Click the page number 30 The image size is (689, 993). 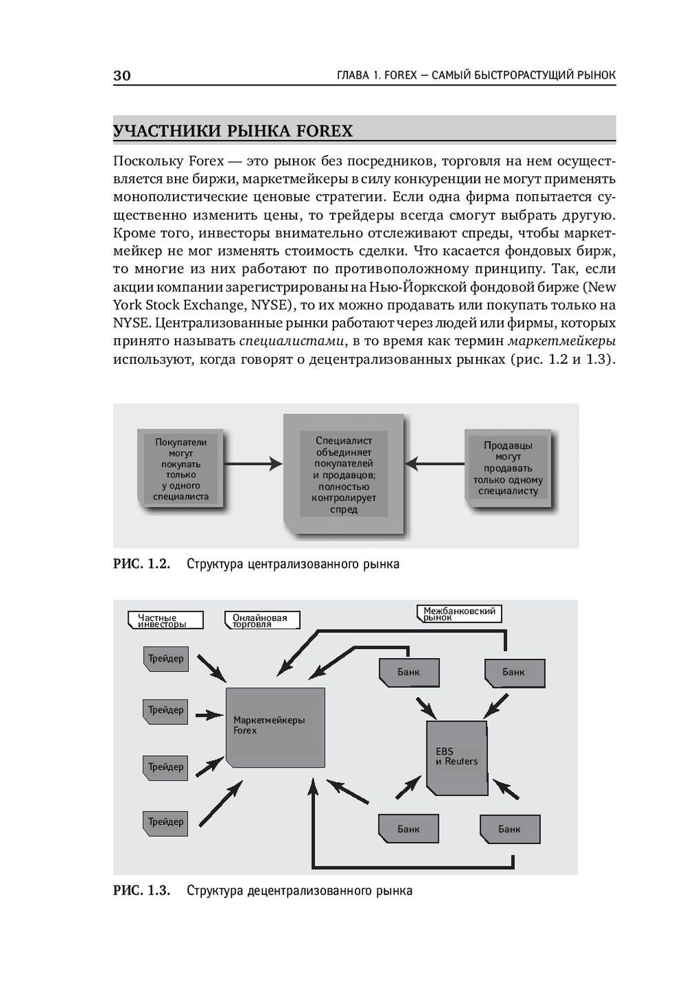tap(122, 76)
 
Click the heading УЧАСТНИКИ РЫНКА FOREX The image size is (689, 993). tap(233, 131)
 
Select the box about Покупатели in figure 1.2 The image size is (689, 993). tap(181, 469)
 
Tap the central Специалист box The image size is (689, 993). tap(343, 474)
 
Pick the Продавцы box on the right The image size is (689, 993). tap(508, 469)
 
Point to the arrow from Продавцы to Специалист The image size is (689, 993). tap(435, 464)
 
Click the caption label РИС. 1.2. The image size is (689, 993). tap(141, 564)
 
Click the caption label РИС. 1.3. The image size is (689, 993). tap(141, 890)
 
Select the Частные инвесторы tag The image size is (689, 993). tap(165, 621)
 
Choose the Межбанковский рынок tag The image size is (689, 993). tap(459, 614)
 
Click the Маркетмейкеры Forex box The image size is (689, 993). tap(276, 726)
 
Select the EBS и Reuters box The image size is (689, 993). tap(455, 757)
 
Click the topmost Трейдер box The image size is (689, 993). tap(165, 659)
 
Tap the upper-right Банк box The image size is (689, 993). tap(514, 673)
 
